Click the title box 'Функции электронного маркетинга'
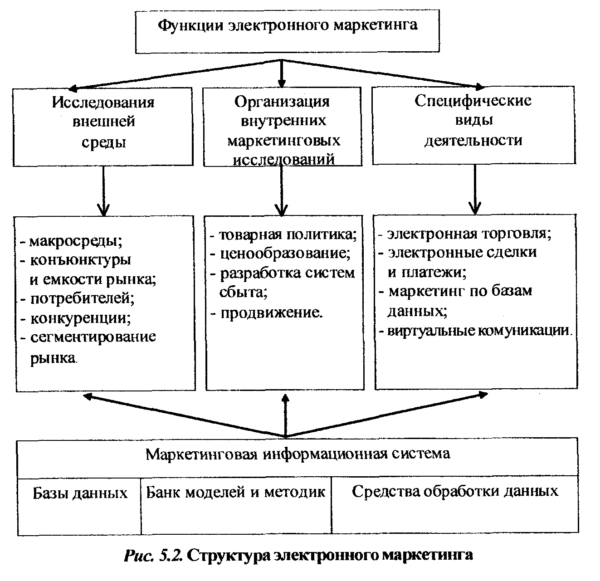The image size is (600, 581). point(287,31)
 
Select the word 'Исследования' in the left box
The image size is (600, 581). point(103,102)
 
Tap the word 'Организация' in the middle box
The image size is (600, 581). point(282,102)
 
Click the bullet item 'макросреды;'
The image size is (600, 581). point(71,241)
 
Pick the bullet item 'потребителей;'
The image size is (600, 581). point(78,298)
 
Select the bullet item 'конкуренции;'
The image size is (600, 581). point(76,318)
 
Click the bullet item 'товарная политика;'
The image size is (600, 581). point(283,234)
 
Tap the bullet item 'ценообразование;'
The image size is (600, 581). point(280,254)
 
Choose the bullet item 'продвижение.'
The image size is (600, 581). point(266,313)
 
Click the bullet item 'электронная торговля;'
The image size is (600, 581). point(465,234)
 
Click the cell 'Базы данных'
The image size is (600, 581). point(80,493)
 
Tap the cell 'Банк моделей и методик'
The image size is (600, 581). point(235,492)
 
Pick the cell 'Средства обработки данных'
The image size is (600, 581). point(455,491)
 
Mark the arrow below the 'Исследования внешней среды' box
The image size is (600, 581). point(103,191)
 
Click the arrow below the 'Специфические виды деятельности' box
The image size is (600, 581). point(475,189)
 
